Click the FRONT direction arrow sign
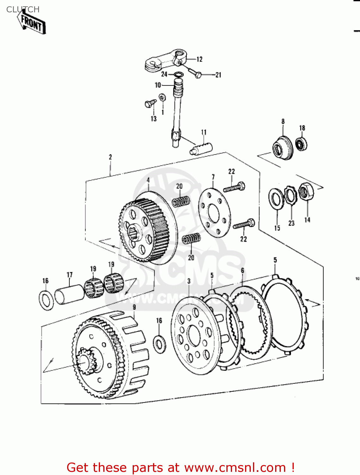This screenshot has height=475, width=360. click(32, 23)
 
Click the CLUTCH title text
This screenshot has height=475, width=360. click(23, 9)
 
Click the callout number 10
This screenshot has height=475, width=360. click(158, 85)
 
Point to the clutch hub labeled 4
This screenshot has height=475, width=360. click(144, 230)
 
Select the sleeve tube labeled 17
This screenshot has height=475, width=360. click(70, 294)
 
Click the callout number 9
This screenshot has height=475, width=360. click(134, 307)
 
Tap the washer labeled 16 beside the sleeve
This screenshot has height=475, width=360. click(46, 300)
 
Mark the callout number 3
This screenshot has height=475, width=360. click(189, 281)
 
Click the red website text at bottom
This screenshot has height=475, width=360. click(181, 467)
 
